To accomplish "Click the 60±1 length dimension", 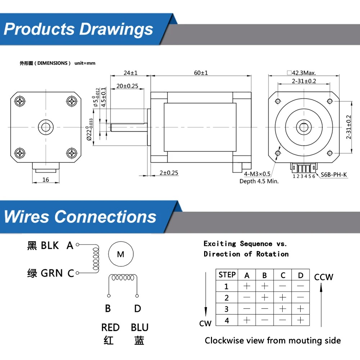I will tap(201, 73).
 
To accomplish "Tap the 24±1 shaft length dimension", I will tap(130, 73).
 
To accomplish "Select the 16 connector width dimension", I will tap(45, 180).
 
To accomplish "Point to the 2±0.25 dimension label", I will tap(169, 173).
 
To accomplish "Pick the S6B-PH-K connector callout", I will tap(334, 175).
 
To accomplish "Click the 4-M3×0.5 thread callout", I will tap(257, 174).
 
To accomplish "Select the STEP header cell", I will tap(227, 275).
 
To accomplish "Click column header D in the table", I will tap(301, 275).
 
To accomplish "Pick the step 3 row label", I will tap(226, 309).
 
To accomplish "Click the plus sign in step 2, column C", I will tap(283, 298).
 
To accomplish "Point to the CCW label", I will tap(324, 277).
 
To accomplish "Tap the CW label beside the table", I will tap(205, 323).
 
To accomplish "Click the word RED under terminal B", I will tap(110, 328).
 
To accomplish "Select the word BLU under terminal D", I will tap(139, 328).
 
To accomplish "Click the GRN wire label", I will tap(52, 273).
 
